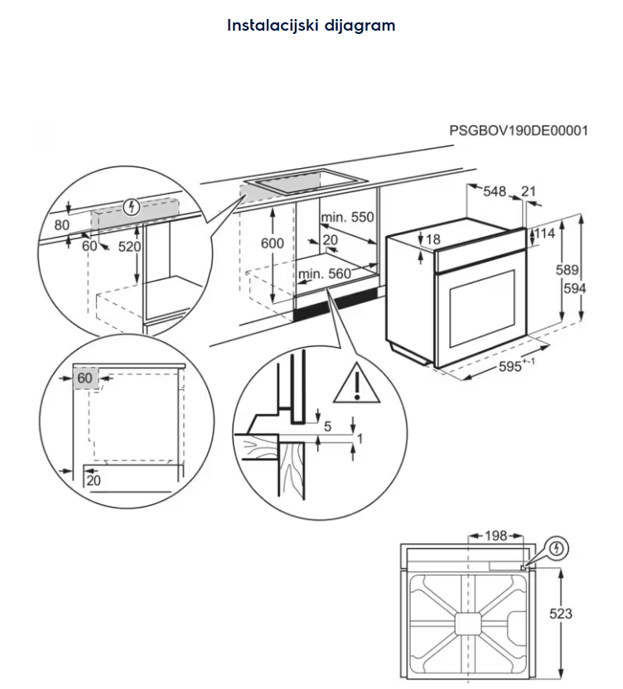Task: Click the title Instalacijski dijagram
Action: tap(311, 25)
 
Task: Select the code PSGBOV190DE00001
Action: tap(519, 131)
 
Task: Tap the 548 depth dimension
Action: tap(495, 192)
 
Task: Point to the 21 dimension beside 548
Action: tap(529, 192)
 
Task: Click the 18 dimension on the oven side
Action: tap(432, 239)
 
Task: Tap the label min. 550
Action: tap(348, 218)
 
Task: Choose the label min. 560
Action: tap(325, 274)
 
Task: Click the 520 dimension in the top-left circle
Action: tap(130, 247)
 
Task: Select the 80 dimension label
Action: tap(62, 224)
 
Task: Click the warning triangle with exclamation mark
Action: tap(355, 383)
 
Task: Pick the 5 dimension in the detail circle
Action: tap(327, 427)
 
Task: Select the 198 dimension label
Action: tap(495, 537)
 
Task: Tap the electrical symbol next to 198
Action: tap(558, 547)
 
